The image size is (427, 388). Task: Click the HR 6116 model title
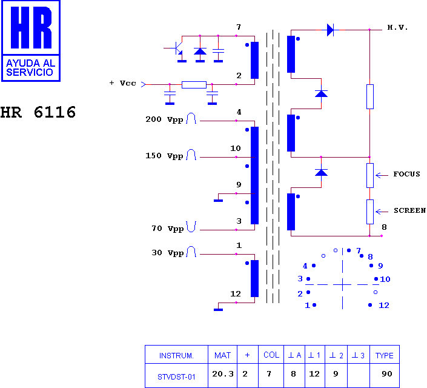pos(38,112)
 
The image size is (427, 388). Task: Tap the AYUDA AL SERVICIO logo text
pos(30,68)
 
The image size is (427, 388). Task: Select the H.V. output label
pos(397,27)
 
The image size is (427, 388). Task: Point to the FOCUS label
pos(406,174)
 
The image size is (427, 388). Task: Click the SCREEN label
pos(409,210)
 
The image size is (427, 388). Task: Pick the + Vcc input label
pos(122,83)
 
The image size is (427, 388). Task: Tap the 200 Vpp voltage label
pos(164,119)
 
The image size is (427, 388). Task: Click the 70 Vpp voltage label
pos(168,229)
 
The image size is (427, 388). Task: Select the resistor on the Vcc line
pos(194,85)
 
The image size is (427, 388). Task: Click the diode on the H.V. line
pos(330,30)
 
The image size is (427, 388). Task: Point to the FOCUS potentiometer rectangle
pos(370,175)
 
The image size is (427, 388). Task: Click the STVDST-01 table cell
pos(176,377)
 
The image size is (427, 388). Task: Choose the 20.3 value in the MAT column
pos(223,374)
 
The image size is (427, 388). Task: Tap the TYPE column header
pos(384,355)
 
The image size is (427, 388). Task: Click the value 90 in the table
pos(386,374)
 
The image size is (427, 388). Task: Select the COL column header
pos(271,355)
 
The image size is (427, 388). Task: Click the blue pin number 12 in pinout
pos(384,306)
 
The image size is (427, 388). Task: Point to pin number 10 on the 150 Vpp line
pos(236,149)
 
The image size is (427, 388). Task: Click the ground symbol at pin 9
pos(219,201)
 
